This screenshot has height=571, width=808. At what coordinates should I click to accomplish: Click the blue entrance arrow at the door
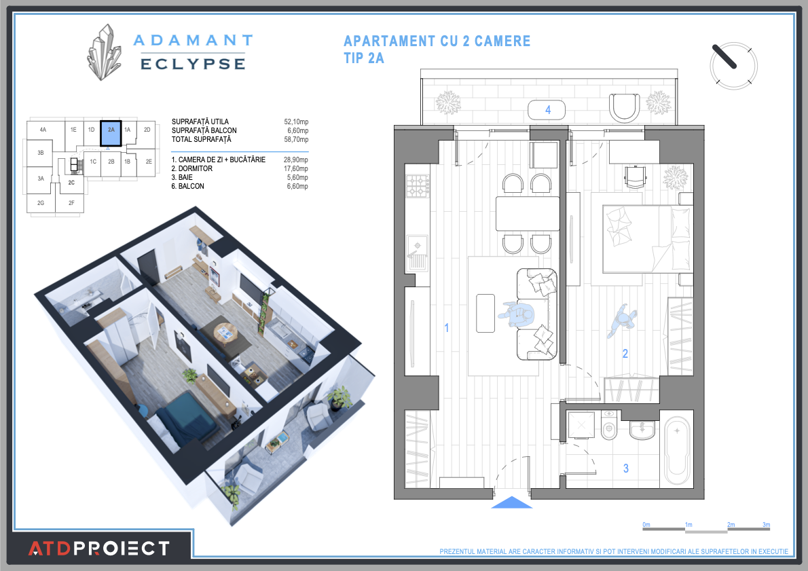pyautogui.click(x=511, y=503)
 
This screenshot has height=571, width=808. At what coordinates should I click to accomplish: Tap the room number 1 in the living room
pyautogui.click(x=446, y=328)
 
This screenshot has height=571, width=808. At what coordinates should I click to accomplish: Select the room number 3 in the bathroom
pyautogui.click(x=625, y=468)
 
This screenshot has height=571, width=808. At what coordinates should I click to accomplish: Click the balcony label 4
pyautogui.click(x=547, y=109)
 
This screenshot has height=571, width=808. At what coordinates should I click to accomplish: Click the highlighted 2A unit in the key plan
pyautogui.click(x=110, y=133)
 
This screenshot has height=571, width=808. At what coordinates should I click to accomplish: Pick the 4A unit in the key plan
pyautogui.click(x=43, y=129)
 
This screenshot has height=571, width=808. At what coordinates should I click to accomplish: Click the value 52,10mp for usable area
pyautogui.click(x=296, y=122)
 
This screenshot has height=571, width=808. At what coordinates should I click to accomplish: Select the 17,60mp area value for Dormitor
pyautogui.click(x=296, y=168)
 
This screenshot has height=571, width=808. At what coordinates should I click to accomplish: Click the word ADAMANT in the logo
pyautogui.click(x=193, y=41)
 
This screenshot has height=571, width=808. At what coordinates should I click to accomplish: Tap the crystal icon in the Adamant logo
pyautogui.click(x=104, y=53)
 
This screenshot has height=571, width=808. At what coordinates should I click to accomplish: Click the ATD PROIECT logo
pyautogui.click(x=98, y=548)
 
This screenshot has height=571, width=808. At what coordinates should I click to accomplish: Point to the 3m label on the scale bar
pyautogui.click(x=766, y=525)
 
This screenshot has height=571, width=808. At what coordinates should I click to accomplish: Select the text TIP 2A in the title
pyautogui.click(x=364, y=58)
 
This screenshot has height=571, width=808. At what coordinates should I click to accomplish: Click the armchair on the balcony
pyautogui.click(x=624, y=107)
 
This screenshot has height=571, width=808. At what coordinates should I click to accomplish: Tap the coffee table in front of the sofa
pyautogui.click(x=485, y=313)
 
